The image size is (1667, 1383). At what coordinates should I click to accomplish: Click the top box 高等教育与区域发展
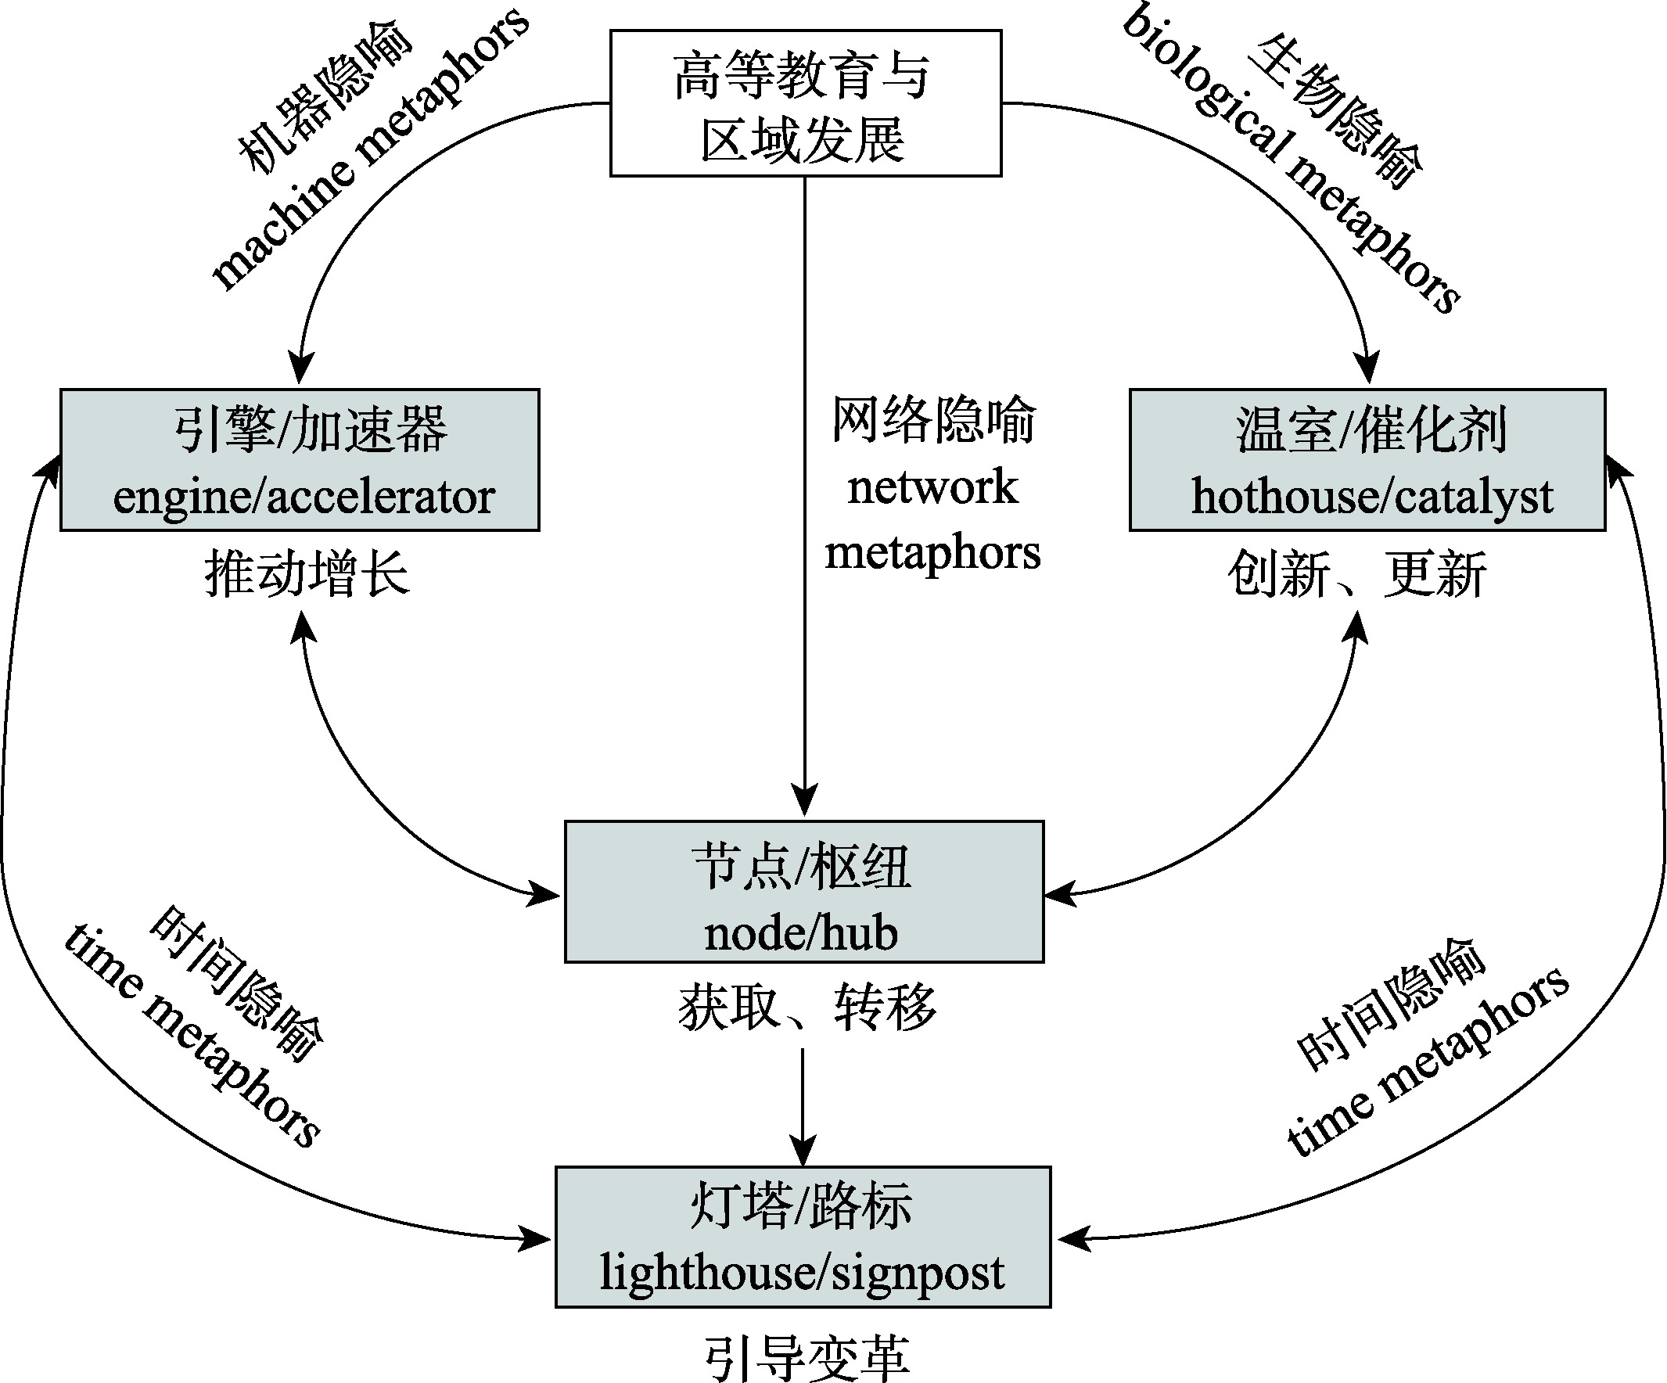tap(805, 103)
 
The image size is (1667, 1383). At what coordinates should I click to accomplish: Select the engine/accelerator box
tap(300, 460)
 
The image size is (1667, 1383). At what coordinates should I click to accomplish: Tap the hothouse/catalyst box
tap(1367, 460)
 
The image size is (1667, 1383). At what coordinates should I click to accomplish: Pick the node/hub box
tap(804, 892)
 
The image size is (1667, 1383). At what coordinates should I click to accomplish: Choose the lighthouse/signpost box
tap(803, 1237)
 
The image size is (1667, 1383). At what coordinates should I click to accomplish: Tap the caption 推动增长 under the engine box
tap(307, 574)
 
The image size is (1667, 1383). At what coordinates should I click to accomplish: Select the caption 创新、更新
tap(1356, 574)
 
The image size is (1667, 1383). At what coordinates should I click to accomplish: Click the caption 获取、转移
tap(807, 1007)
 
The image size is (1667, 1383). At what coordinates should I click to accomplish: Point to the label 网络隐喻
tap(933, 419)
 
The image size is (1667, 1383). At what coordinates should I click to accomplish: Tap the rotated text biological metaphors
tap(1291, 159)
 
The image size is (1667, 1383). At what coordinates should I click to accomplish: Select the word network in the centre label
tap(932, 487)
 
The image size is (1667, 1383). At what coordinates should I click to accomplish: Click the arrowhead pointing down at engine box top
tap(300, 369)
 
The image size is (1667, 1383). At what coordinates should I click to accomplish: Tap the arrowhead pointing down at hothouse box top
tap(1367, 369)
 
